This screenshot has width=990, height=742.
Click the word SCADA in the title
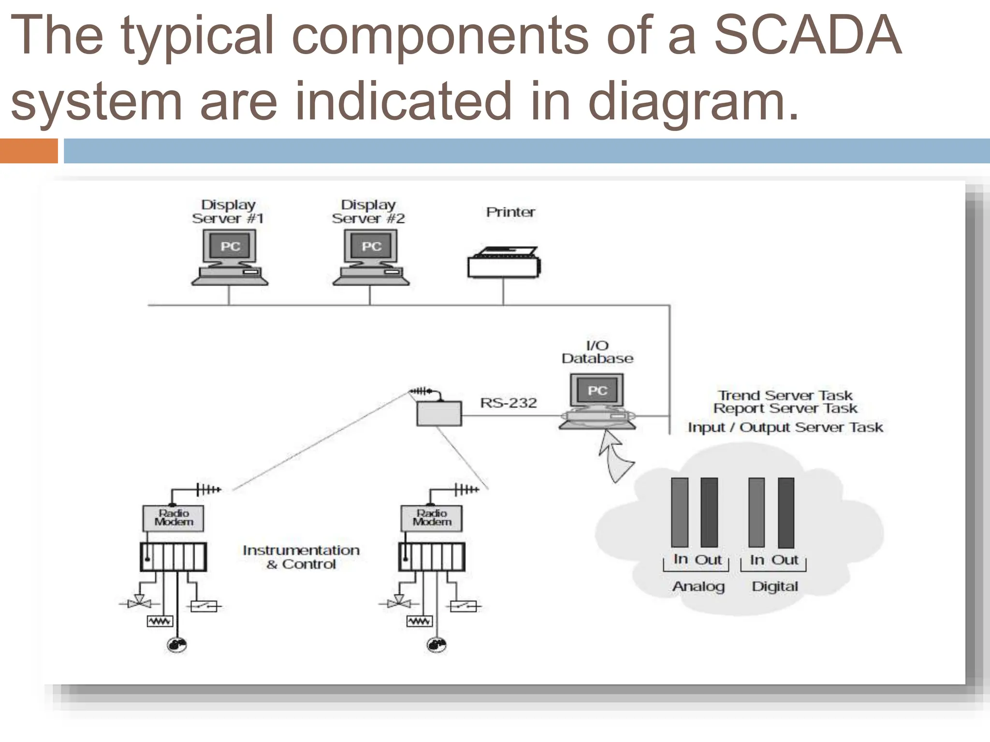(x=807, y=36)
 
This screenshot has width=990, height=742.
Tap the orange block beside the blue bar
(x=29, y=151)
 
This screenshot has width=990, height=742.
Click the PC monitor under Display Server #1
(x=230, y=247)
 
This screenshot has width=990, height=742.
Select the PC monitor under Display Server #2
(x=371, y=247)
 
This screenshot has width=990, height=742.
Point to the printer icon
(x=504, y=263)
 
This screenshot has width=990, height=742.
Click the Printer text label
(x=510, y=212)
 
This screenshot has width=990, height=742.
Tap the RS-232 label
(x=508, y=403)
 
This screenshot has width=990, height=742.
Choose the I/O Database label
(x=597, y=352)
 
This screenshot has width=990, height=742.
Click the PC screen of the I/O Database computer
(x=597, y=390)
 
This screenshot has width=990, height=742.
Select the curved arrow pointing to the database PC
(x=614, y=457)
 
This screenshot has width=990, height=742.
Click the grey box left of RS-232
(x=439, y=414)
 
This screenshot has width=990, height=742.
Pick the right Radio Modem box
(x=432, y=518)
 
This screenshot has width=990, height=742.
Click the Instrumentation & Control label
(x=301, y=557)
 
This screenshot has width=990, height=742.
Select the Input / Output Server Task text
(x=785, y=428)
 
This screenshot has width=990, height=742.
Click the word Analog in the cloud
(x=699, y=586)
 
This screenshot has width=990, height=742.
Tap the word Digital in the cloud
(x=774, y=586)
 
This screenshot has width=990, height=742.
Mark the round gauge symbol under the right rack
(x=437, y=645)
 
